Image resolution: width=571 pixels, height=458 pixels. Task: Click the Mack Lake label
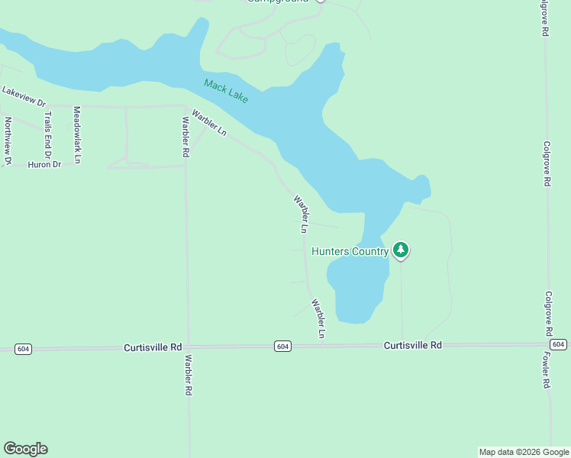coord(226,92)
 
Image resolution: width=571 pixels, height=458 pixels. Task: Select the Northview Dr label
coord(8,140)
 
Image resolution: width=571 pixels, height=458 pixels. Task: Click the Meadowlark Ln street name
coord(76,134)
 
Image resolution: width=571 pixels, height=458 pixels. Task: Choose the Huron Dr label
coord(44,164)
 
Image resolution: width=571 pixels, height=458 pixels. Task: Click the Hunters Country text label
coord(350,250)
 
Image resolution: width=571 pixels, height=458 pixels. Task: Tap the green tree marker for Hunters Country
coord(401,250)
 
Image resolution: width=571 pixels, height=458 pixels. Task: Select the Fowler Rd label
coord(547,371)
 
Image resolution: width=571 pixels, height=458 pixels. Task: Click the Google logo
coord(25,449)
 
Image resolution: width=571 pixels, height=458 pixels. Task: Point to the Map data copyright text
coord(524,452)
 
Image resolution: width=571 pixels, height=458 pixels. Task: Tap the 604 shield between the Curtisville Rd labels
coord(282,347)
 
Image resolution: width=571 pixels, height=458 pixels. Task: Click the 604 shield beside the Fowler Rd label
coord(558,345)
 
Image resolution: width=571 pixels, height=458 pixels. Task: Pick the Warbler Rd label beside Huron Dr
coord(185,137)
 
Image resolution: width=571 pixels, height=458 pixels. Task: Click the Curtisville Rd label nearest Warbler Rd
coord(153,347)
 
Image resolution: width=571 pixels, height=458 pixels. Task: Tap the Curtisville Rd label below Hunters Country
coord(412,345)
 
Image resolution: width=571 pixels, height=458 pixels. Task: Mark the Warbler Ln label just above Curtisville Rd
coord(318,318)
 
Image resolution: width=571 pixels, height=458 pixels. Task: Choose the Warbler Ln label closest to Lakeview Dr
coord(209,123)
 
